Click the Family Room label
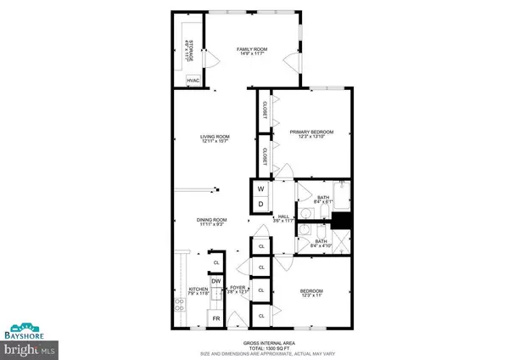click(251, 50)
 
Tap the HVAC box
click(193, 81)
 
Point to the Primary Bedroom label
click(311, 132)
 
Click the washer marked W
click(260, 189)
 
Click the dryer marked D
click(260, 205)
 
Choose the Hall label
click(284, 217)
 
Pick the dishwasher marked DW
click(216, 281)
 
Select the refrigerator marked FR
click(215, 319)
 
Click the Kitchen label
click(199, 290)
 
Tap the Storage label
click(191, 49)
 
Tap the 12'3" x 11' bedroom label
click(311, 296)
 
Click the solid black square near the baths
click(341, 220)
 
